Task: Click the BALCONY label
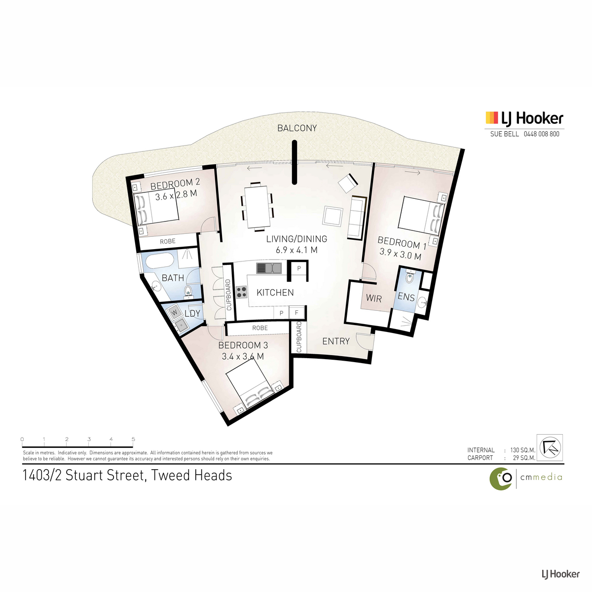pos(297,128)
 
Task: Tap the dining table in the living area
pos(257,206)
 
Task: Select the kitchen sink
pos(269,268)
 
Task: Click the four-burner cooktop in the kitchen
pos(241,292)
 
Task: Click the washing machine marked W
pos(175,313)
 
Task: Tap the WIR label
pos(373,298)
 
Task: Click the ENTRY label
pos(336,341)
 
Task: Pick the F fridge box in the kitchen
pos(297,313)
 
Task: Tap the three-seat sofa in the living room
pos(357,218)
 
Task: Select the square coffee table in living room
pos(333,217)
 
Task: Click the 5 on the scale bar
pos(133,439)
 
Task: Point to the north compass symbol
pos(550,447)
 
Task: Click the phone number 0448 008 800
pos(541,134)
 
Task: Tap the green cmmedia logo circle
pos(500,479)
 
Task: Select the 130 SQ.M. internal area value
pos(523,450)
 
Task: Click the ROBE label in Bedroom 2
pos(167,241)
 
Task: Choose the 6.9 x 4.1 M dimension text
pos(296,250)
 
